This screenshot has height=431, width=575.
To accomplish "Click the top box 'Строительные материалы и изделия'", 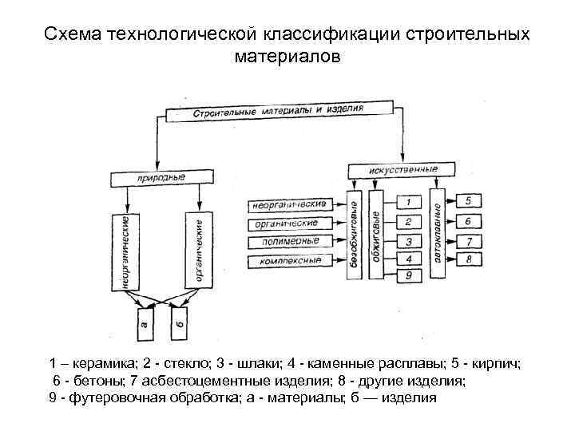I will coord(280,110).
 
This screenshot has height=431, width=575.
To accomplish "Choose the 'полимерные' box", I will coord(285,242).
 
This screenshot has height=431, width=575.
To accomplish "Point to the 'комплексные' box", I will coord(285,260).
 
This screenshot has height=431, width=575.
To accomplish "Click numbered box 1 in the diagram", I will coord(409,204).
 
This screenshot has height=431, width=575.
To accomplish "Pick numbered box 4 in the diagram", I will coord(409,259).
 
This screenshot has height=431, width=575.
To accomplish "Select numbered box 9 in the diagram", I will coord(409,276).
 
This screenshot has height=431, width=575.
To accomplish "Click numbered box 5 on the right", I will coord(469,200).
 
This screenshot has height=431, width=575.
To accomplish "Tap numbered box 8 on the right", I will coord(470,259).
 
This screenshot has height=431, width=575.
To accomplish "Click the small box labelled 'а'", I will coord(144,325).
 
